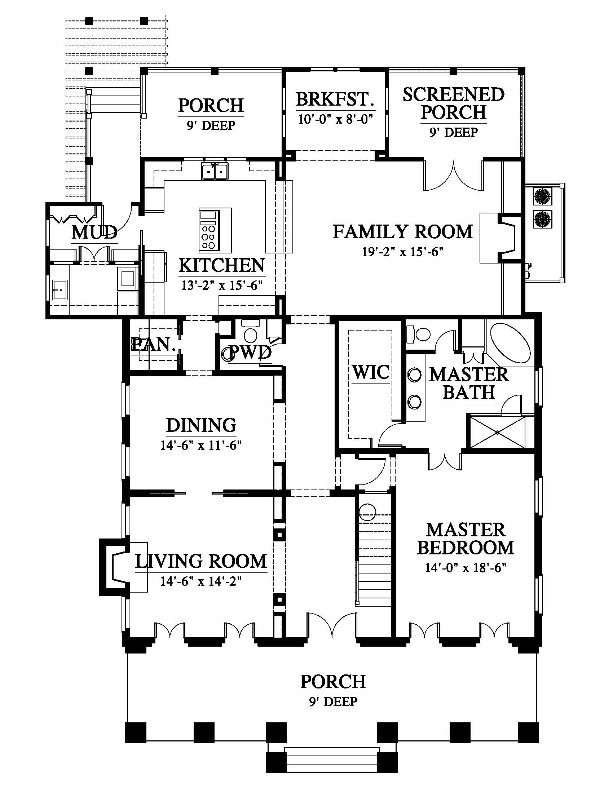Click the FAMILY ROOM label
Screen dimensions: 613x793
coord(403,232)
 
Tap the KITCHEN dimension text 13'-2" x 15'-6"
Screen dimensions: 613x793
coord(222,285)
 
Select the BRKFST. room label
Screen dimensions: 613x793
coord(335,99)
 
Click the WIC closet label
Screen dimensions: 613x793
coord(371,372)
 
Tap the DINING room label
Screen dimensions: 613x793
coord(201,425)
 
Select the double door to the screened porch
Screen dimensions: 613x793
coord(454,177)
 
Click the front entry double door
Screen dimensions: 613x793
coord(331,625)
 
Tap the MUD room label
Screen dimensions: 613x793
coord(94,232)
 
